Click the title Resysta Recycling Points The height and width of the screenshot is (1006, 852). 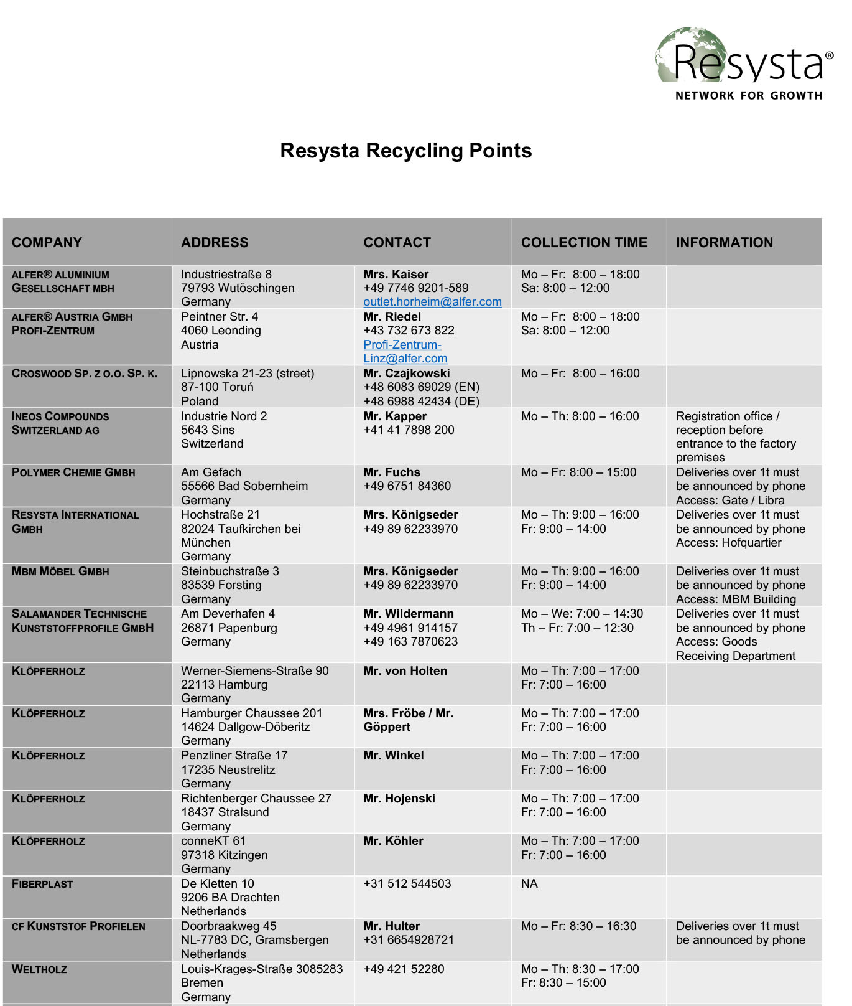click(x=405, y=151)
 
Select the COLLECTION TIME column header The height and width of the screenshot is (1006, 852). click(x=583, y=242)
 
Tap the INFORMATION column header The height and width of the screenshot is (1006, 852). click(x=724, y=242)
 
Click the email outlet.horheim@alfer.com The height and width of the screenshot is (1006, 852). click(x=432, y=302)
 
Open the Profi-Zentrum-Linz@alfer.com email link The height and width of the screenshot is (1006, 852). click(x=405, y=352)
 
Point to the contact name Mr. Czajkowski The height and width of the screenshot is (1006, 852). click(x=406, y=373)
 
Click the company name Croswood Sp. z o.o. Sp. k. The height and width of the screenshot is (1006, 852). click(x=85, y=374)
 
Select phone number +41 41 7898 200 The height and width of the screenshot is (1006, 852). click(x=409, y=430)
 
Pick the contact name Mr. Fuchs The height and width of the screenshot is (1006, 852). click(x=392, y=472)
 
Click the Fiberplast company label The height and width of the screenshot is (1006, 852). click(x=42, y=884)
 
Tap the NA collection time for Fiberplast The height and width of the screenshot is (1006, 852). click(x=529, y=884)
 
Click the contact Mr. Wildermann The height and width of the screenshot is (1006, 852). click(x=409, y=614)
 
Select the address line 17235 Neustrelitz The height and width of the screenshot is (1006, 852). click(x=228, y=769)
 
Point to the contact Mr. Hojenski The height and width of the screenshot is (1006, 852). click(x=399, y=798)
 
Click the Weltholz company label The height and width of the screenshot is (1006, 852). click(x=39, y=969)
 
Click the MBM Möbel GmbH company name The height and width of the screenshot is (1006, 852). click(x=60, y=571)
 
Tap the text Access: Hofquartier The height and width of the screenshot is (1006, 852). click(x=728, y=542)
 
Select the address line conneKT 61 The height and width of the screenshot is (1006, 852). click(x=213, y=840)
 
